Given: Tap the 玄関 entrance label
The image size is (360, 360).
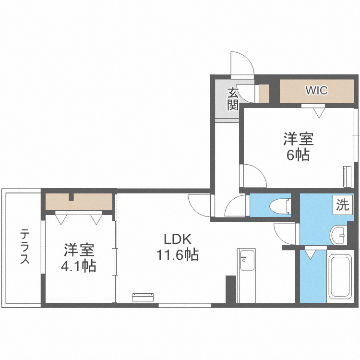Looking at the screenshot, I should (233, 99).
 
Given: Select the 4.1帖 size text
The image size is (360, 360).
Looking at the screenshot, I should (79, 265).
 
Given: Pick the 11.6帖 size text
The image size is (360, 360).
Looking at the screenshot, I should (177, 255).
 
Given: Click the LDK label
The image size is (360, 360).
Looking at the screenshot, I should (178, 239).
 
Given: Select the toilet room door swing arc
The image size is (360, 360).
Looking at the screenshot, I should (235, 206).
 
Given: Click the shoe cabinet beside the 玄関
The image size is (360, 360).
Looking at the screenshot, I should (264, 93).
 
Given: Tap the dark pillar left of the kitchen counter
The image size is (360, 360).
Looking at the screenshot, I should (230, 289).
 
